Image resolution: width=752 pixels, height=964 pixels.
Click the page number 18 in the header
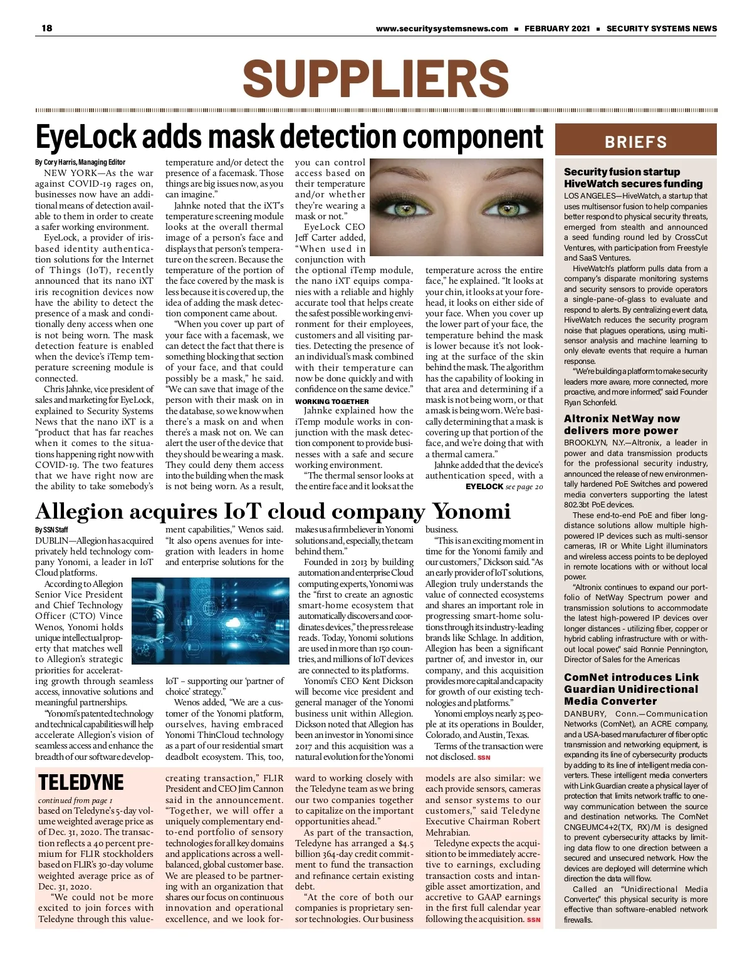click(x=47, y=28)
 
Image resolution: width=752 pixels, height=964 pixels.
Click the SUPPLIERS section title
click(x=375, y=79)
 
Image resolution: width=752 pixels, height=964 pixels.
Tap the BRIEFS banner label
click(x=635, y=142)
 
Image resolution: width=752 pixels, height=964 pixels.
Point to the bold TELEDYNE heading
click(x=81, y=783)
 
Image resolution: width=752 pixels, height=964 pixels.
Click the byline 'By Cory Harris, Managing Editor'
click(x=80, y=162)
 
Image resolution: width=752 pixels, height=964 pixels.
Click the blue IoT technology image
click(x=210, y=621)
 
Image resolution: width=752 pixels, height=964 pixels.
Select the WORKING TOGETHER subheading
click(x=332, y=402)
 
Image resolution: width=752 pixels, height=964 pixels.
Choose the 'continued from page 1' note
click(x=75, y=801)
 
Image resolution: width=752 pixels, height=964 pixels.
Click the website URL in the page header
click(x=442, y=28)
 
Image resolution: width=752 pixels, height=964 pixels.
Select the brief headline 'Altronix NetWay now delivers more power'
click(x=622, y=425)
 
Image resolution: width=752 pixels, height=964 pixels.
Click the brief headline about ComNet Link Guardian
click(x=631, y=689)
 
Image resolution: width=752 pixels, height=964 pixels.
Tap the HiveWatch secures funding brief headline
click(x=633, y=178)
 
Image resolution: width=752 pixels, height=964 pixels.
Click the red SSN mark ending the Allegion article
click(x=484, y=757)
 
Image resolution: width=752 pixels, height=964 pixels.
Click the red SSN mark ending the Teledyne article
click(x=533, y=920)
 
